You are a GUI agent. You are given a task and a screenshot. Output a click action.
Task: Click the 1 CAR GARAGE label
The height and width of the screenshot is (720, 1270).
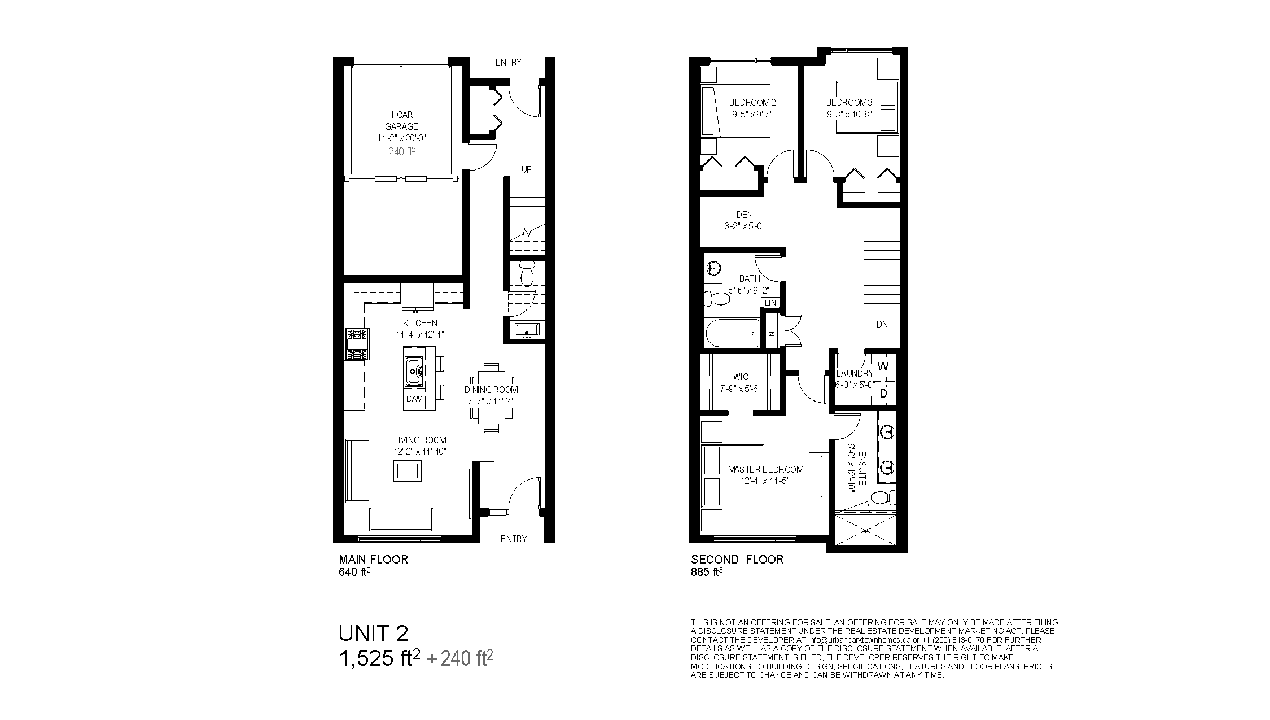point(402,121)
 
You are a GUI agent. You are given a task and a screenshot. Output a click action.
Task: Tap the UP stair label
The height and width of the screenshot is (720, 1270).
point(526,169)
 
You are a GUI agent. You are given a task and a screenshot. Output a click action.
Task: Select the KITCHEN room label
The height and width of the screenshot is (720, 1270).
point(420,323)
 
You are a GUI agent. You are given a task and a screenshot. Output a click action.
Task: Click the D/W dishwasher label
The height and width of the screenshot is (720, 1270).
point(414,399)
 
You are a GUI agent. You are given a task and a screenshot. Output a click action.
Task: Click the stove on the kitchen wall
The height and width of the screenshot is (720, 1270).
point(357,344)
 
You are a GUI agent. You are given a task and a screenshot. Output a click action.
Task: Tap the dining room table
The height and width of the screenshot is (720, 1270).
point(492,398)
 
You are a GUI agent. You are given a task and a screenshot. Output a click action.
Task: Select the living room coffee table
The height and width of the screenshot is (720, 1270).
point(407,470)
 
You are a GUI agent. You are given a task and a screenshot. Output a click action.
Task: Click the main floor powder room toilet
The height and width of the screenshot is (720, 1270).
point(527,274)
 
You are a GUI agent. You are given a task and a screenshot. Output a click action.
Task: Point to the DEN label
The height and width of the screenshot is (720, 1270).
point(745,215)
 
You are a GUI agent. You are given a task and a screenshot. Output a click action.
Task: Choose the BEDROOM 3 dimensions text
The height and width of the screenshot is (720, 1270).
point(849,113)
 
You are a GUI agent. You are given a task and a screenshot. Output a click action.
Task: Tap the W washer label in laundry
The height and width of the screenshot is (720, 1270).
point(883,366)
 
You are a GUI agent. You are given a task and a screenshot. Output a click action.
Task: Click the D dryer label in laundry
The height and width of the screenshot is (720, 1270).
point(884,394)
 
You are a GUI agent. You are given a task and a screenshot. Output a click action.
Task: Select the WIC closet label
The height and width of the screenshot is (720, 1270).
point(741,377)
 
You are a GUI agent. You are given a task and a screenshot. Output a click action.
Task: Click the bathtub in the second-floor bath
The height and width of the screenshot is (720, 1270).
point(733,333)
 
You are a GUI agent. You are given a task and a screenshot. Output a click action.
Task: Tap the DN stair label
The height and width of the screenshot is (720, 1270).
point(882,325)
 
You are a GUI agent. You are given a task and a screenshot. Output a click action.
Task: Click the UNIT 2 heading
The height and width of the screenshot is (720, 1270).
point(373,633)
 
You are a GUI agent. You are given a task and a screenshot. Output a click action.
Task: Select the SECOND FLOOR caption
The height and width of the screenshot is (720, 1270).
point(737,560)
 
